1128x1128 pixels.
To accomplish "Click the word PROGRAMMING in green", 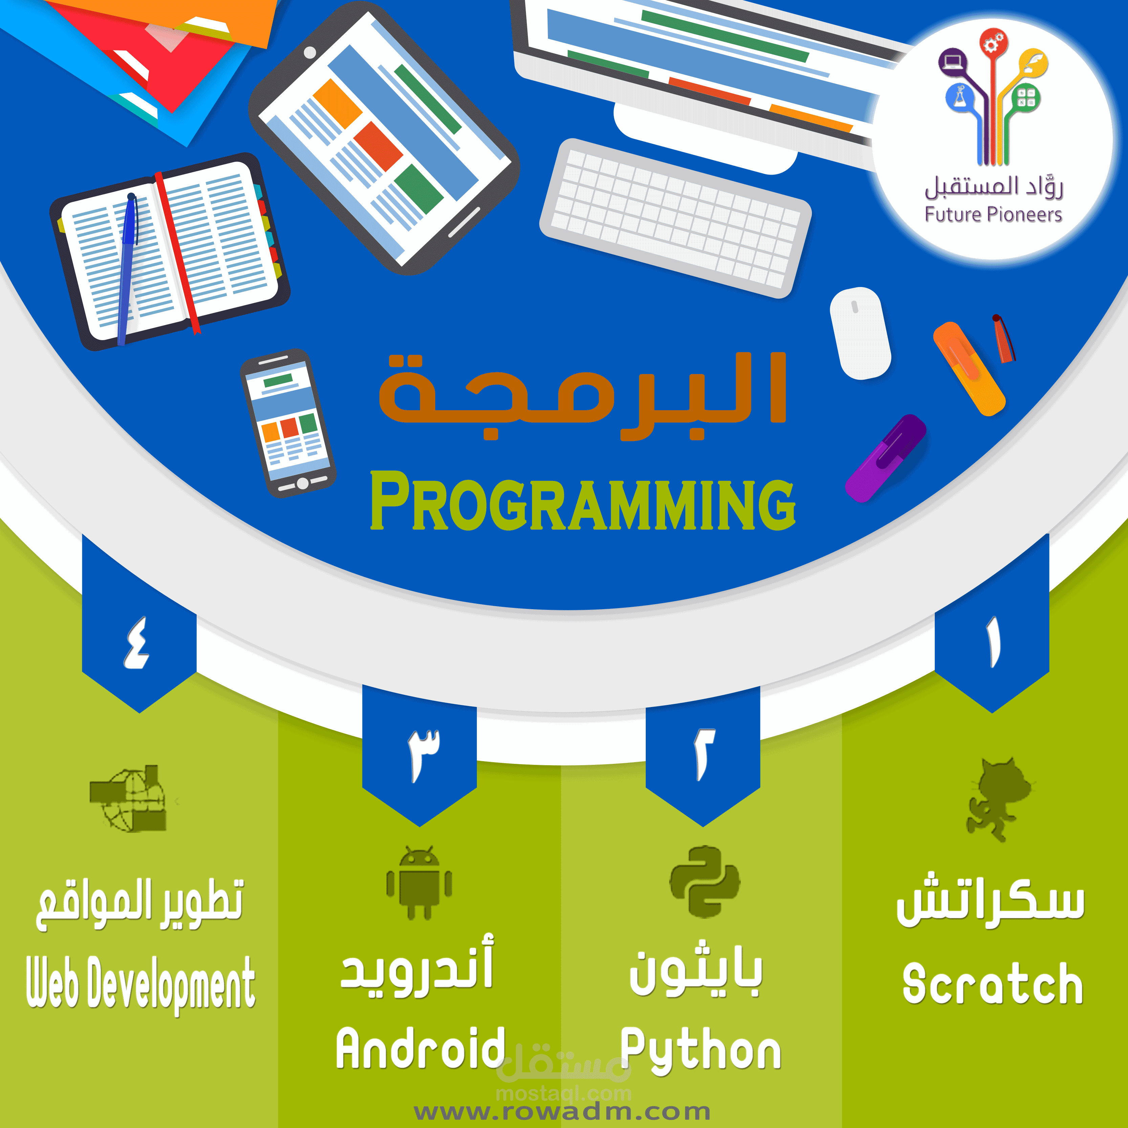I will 583,501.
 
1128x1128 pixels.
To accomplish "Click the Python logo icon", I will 704,882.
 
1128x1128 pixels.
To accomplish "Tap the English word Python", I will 701,1051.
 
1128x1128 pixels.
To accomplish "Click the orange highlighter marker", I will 969,369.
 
